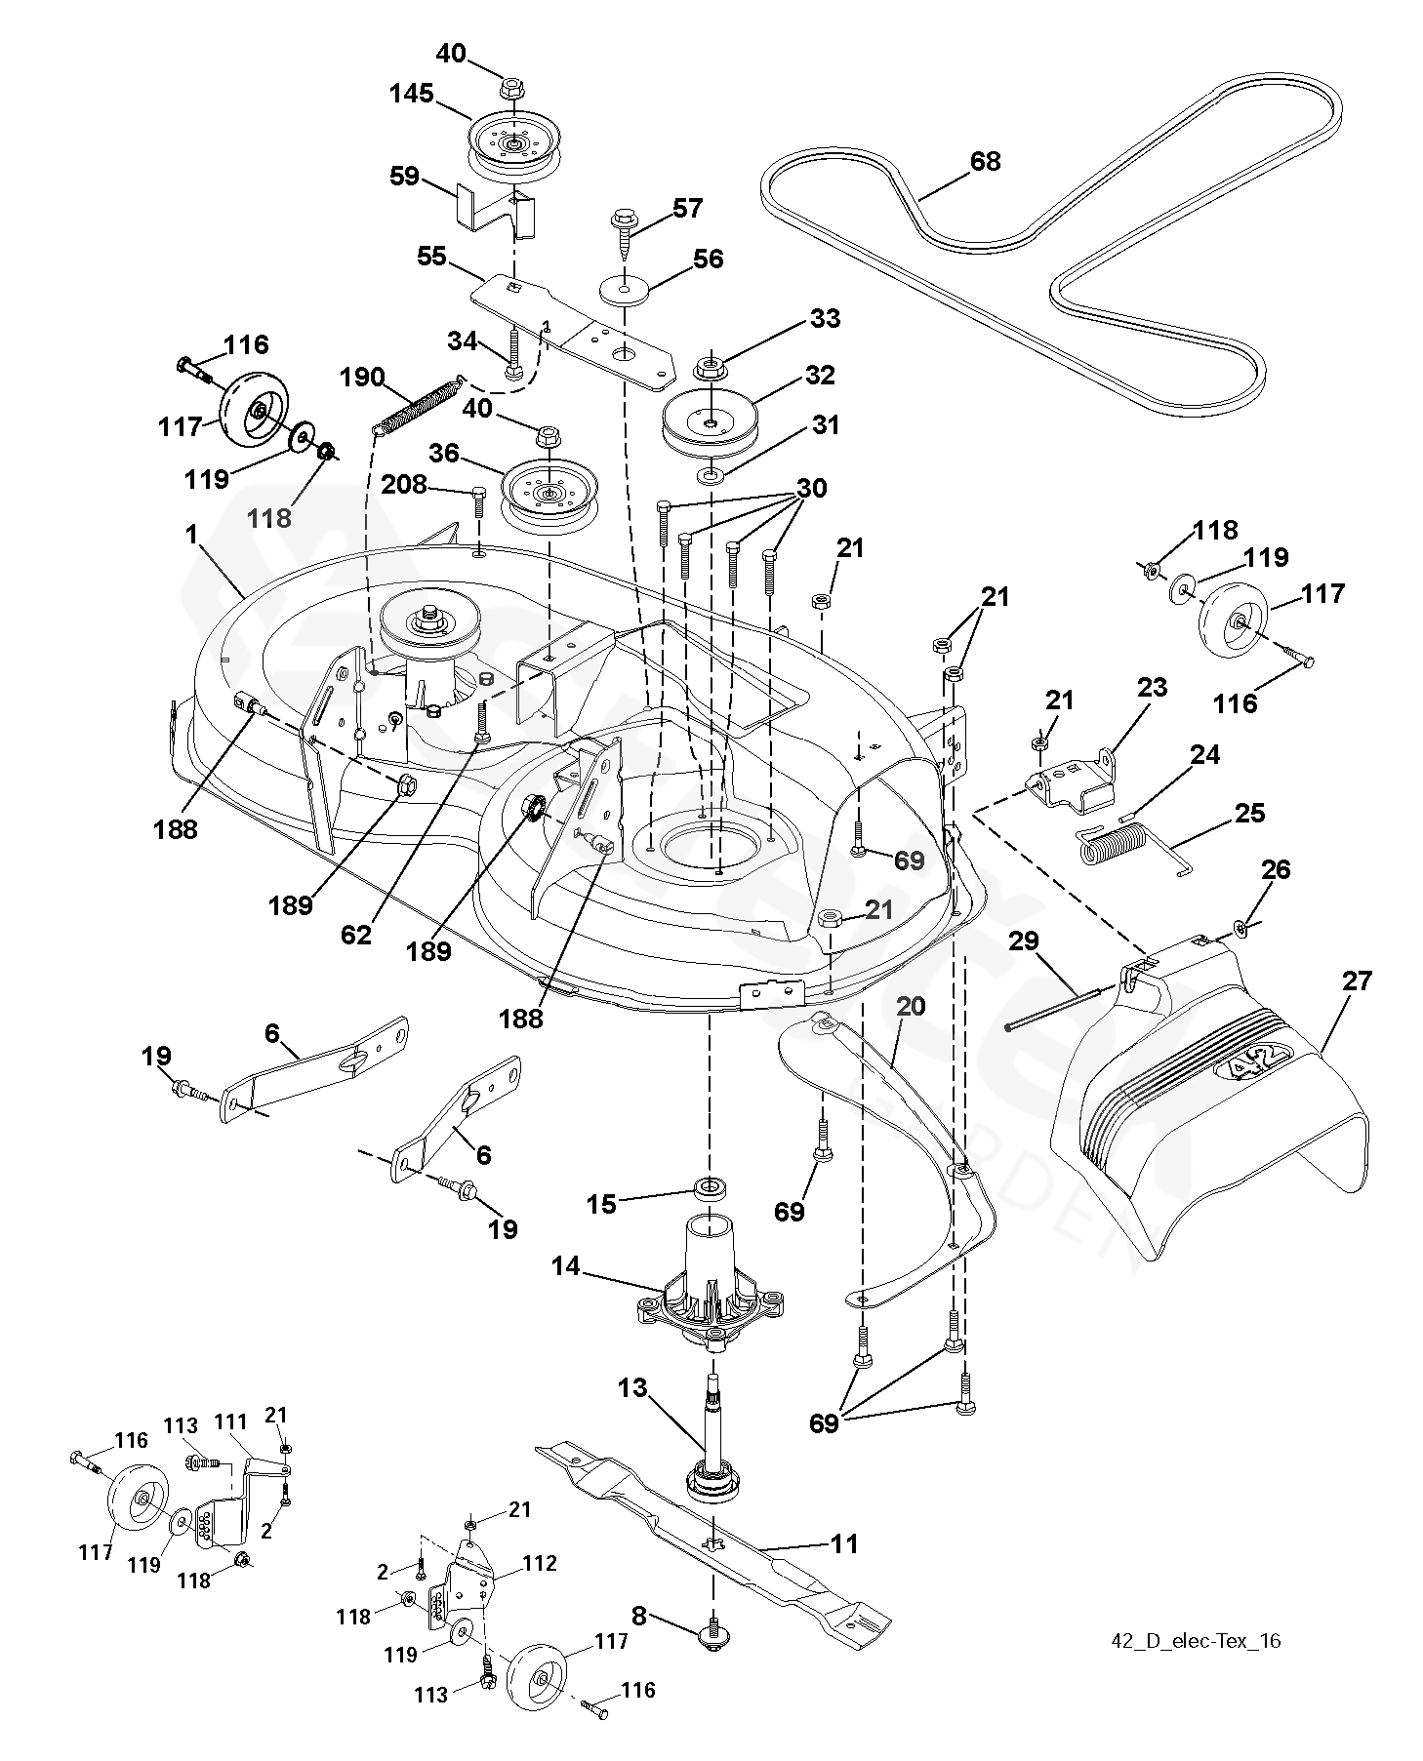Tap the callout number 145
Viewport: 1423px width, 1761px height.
412,95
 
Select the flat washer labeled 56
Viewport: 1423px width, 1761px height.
625,291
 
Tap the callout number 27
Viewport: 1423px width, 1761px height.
1358,981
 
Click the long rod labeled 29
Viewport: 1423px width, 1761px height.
1060,1007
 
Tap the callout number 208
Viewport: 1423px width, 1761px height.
403,484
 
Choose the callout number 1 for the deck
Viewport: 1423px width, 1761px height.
192,535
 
